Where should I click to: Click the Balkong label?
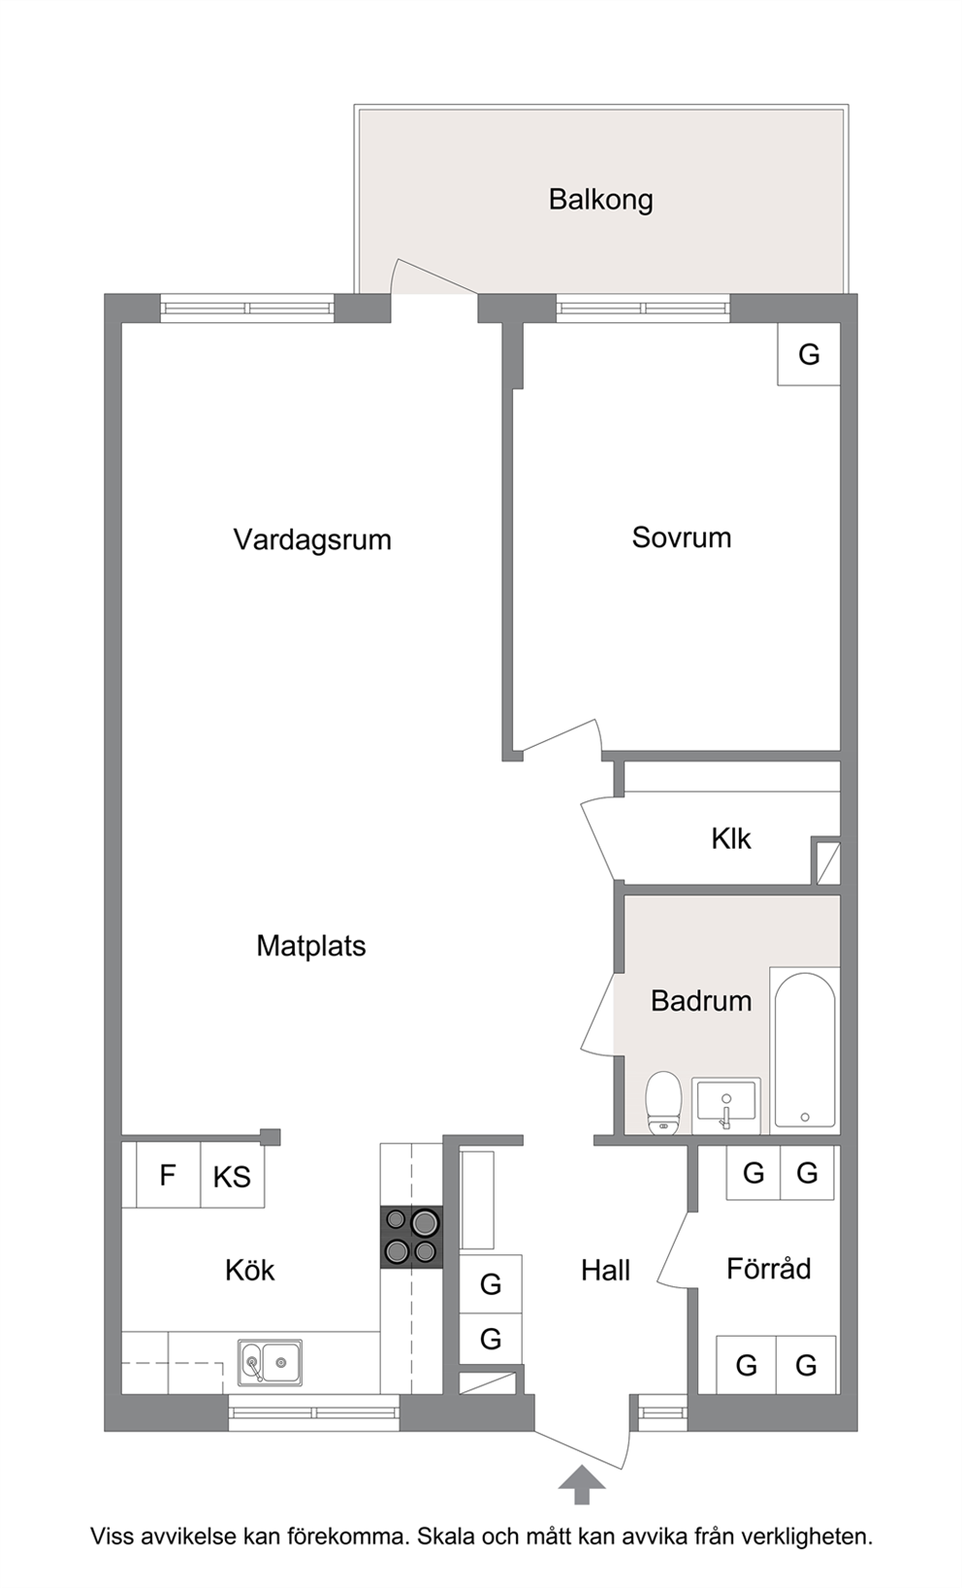click(x=600, y=200)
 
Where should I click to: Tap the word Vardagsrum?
click(x=312, y=539)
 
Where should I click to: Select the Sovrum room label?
click(x=682, y=537)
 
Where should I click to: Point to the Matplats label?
click(x=311, y=946)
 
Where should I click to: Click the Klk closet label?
click(x=731, y=839)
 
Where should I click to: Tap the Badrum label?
click(x=701, y=1000)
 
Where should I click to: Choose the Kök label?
click(x=249, y=1270)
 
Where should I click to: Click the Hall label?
click(x=605, y=1271)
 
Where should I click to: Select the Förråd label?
click(x=768, y=1268)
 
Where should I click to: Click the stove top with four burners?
click(x=411, y=1238)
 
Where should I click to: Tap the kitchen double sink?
click(x=270, y=1362)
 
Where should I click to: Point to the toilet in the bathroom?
click(x=663, y=1102)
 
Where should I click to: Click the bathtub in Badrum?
click(x=805, y=1050)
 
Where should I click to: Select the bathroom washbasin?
click(x=726, y=1106)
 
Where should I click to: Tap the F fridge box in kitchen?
click(x=168, y=1176)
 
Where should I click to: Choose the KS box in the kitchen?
click(x=233, y=1176)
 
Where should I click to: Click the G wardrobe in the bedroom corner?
click(x=808, y=354)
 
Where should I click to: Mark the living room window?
click(x=246, y=308)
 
